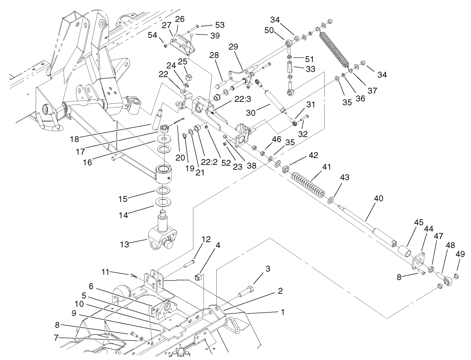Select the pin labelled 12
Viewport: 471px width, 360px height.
tap(189, 265)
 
